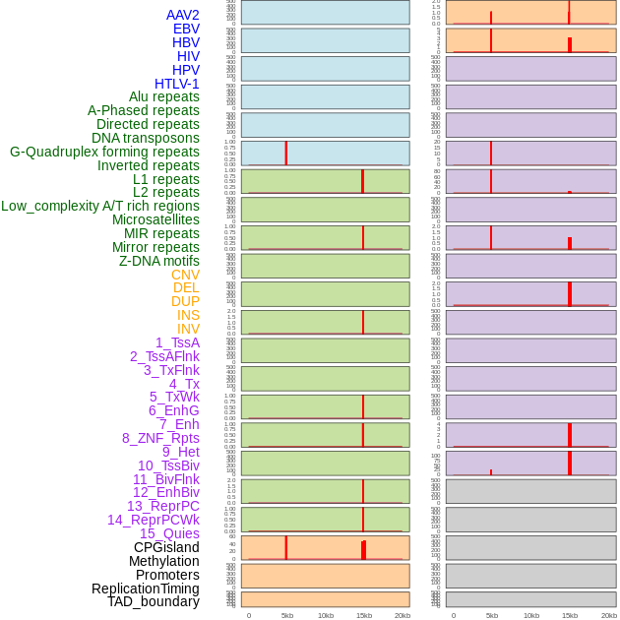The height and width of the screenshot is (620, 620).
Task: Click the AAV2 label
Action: (x=183, y=15)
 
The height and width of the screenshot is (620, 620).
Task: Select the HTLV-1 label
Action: (x=177, y=84)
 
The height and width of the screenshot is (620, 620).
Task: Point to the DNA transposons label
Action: (x=146, y=138)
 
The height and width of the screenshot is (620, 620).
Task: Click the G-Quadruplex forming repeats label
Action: (x=104, y=152)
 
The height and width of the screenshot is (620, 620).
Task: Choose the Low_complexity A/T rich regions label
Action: (x=100, y=206)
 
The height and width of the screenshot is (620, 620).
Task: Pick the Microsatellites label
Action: (x=155, y=219)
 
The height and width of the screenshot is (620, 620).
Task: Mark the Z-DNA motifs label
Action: (x=159, y=261)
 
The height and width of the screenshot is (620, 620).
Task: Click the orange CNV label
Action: (x=185, y=275)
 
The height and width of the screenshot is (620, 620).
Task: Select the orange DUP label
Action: (x=185, y=301)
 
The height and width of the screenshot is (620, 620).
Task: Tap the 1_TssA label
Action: (x=177, y=342)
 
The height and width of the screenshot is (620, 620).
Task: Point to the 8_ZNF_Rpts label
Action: (x=160, y=438)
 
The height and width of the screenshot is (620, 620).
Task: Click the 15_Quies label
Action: (x=169, y=533)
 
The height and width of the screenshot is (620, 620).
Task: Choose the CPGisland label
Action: (x=166, y=547)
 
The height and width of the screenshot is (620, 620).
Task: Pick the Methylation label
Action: (x=164, y=561)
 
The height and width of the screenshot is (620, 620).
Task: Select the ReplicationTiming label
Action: (x=146, y=589)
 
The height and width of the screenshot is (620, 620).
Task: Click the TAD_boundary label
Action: (x=154, y=601)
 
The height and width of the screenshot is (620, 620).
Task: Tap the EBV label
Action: (x=186, y=29)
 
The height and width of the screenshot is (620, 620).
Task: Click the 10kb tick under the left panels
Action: (x=326, y=615)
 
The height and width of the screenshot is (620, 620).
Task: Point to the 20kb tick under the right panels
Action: (x=609, y=615)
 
